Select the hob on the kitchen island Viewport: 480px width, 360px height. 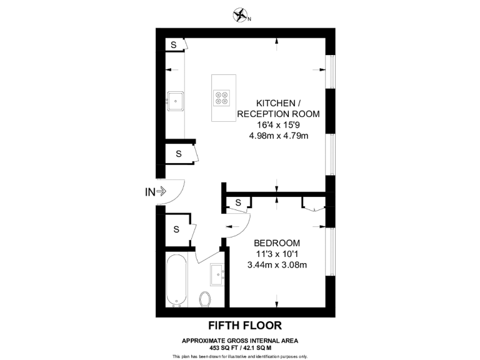point(222,98)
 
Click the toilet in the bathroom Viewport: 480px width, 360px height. point(204,299)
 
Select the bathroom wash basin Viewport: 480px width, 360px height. point(218,272)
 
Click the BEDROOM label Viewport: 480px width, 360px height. point(277,242)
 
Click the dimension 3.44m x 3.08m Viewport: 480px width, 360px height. point(277,264)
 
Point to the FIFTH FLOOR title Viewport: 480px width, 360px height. point(244,325)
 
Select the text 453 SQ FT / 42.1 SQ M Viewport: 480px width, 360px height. point(240,347)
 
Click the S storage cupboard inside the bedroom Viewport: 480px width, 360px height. point(238,202)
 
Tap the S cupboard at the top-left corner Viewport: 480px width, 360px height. point(174,45)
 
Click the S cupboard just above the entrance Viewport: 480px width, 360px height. point(178,153)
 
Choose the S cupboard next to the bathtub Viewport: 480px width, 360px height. point(176,229)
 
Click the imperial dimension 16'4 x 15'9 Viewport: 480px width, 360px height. point(278,124)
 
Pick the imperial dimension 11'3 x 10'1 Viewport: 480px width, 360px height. point(277,254)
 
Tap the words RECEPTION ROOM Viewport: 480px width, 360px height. point(278,114)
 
